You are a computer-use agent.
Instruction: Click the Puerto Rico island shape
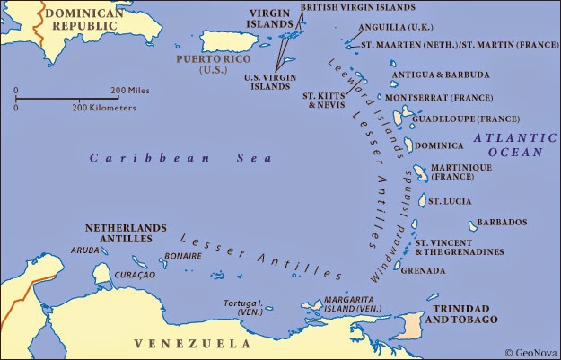pos(225,41)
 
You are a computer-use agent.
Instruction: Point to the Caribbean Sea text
pos(154,158)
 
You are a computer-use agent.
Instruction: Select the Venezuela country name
pos(180,343)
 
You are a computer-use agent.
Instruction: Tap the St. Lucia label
pos(446,200)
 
